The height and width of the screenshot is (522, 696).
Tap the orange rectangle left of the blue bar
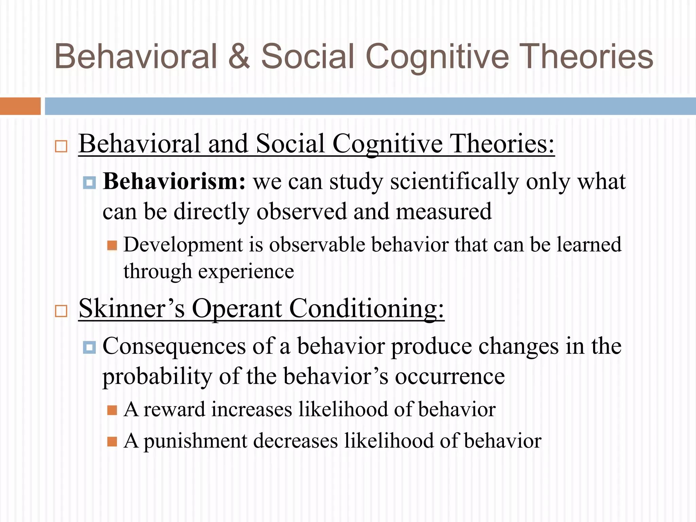click(x=20, y=106)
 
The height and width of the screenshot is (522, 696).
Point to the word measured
click(x=443, y=211)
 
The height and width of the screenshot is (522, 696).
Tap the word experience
click(x=246, y=272)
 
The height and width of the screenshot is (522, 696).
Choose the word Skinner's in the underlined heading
click(x=132, y=308)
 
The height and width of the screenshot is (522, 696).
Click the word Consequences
click(x=174, y=346)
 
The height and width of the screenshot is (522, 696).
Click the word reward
click(x=174, y=409)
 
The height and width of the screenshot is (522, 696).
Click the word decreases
click(x=295, y=441)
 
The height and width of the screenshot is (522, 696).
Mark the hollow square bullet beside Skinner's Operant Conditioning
click(x=61, y=311)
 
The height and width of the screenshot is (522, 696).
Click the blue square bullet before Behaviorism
click(x=89, y=183)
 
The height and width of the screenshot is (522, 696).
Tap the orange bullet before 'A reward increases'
click(x=112, y=410)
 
